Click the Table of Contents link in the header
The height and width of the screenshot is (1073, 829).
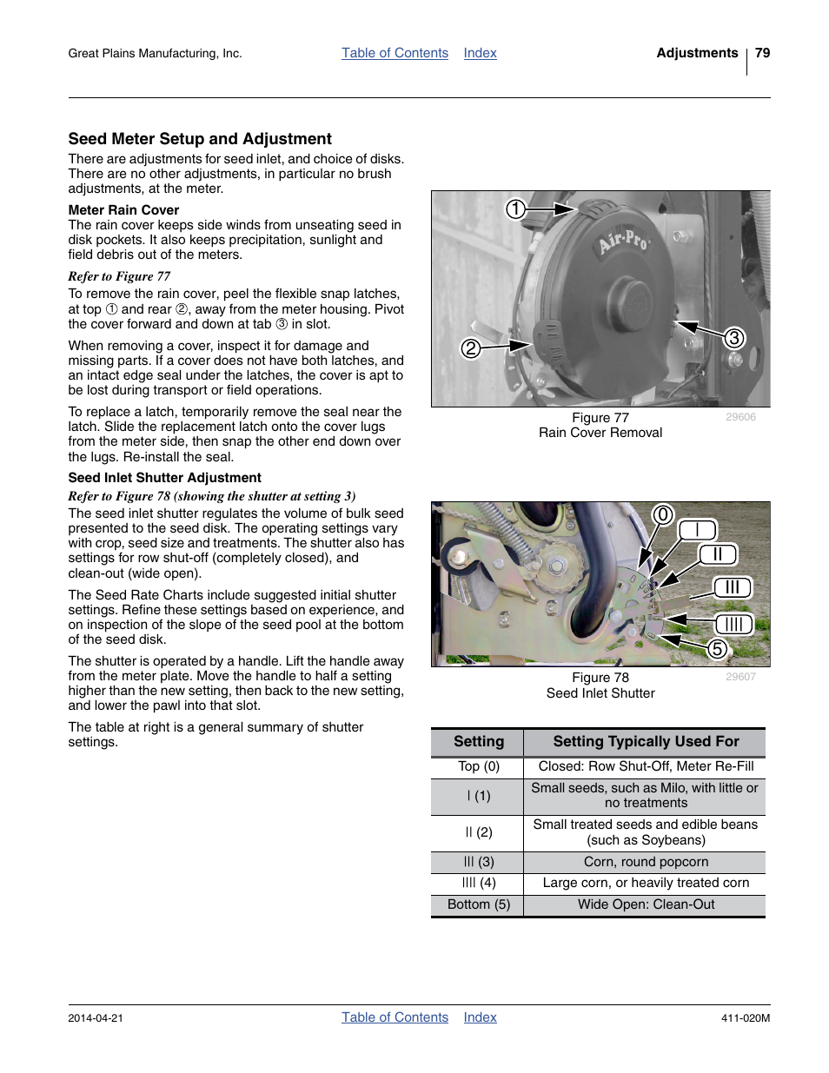click(395, 53)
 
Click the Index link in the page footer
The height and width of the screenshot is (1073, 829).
click(480, 1017)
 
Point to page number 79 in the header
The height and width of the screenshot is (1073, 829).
click(762, 53)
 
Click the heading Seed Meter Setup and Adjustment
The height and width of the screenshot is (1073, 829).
click(200, 139)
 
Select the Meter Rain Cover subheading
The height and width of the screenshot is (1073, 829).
click(123, 210)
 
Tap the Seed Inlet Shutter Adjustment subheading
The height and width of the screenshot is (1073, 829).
click(164, 478)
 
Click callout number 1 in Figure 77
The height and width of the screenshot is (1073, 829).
click(515, 209)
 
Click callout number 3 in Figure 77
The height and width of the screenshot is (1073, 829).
click(734, 338)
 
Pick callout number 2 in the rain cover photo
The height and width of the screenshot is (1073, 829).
click(470, 348)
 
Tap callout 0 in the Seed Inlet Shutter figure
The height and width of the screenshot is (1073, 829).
click(663, 514)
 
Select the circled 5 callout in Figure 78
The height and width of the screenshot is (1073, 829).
click(717, 648)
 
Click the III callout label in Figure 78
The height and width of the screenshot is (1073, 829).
click(732, 587)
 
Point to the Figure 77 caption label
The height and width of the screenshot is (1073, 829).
click(600, 418)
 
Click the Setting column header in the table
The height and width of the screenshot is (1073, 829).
click(478, 742)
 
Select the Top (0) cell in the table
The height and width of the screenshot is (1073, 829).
click(478, 766)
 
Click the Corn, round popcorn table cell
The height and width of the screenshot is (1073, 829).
click(646, 862)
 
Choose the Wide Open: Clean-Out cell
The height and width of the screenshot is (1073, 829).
click(646, 904)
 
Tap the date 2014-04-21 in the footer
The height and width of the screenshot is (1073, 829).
click(96, 1018)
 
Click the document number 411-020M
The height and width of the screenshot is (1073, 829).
click(745, 1018)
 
